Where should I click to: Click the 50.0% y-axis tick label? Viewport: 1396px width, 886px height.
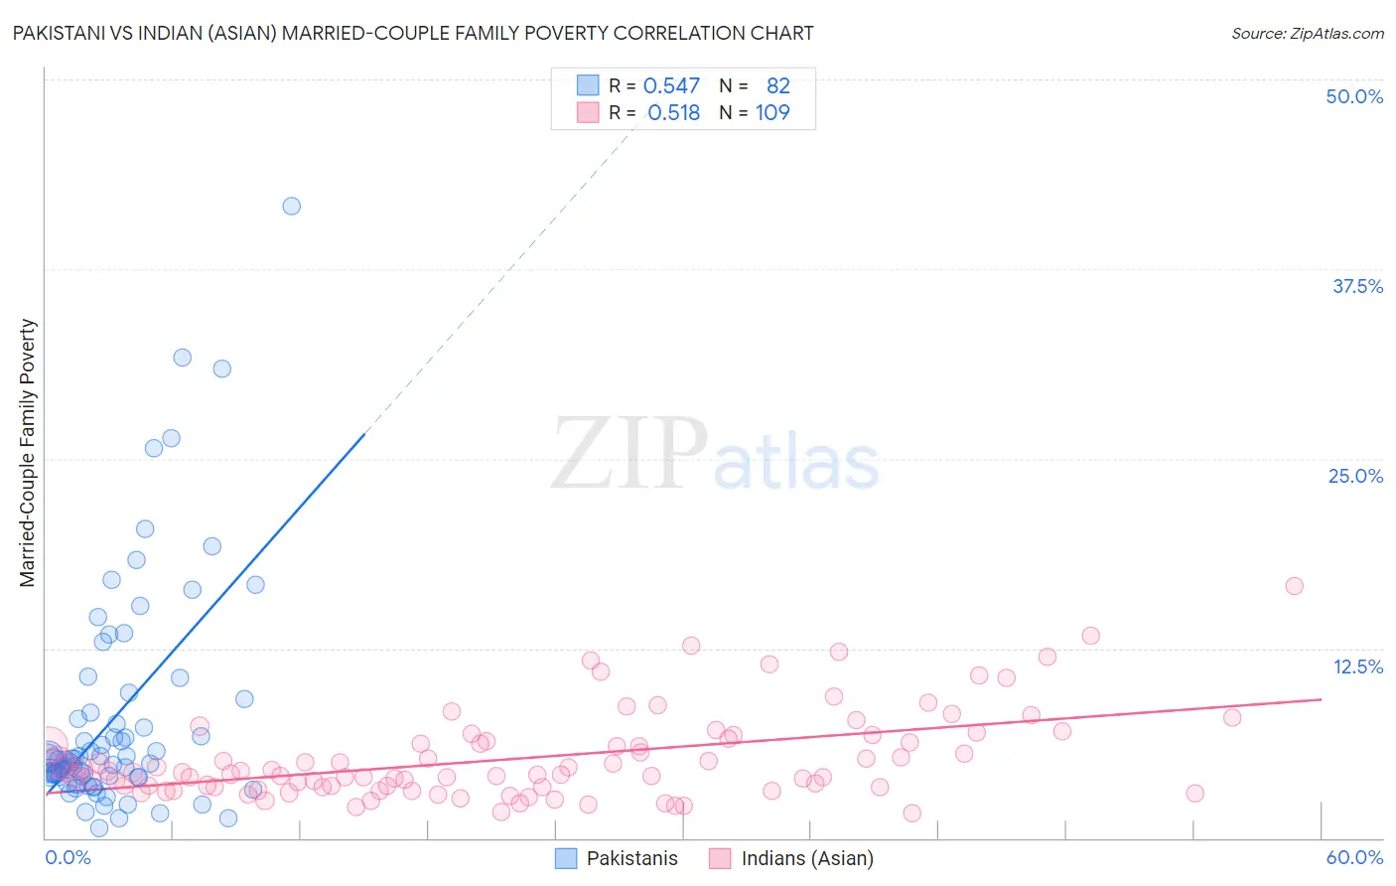click(x=1354, y=96)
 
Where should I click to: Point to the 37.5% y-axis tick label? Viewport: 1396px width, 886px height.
click(x=1357, y=286)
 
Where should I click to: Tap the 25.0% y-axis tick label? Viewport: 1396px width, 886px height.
click(x=1355, y=476)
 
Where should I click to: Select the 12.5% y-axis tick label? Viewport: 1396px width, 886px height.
click(x=1357, y=666)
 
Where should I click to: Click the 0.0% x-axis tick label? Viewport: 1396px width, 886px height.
click(x=68, y=857)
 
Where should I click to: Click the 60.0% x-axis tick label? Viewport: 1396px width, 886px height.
click(x=1354, y=857)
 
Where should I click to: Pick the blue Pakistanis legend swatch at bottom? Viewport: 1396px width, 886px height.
click(x=566, y=858)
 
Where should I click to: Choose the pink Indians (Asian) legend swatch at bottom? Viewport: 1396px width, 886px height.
click(x=720, y=858)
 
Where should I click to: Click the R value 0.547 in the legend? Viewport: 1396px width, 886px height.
click(x=671, y=86)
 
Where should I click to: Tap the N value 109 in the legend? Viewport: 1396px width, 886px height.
click(x=772, y=112)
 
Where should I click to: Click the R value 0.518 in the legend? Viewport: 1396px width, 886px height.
click(x=673, y=112)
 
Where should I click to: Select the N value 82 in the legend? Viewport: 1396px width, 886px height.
click(x=777, y=86)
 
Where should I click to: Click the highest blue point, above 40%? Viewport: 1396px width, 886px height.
click(x=291, y=206)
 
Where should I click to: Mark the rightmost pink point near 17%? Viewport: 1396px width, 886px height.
click(x=1294, y=586)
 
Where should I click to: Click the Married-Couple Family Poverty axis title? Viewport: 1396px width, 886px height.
click(x=27, y=453)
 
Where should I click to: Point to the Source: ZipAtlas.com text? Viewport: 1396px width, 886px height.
click(x=1307, y=34)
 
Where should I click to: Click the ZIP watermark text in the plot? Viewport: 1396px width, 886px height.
click(x=629, y=454)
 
